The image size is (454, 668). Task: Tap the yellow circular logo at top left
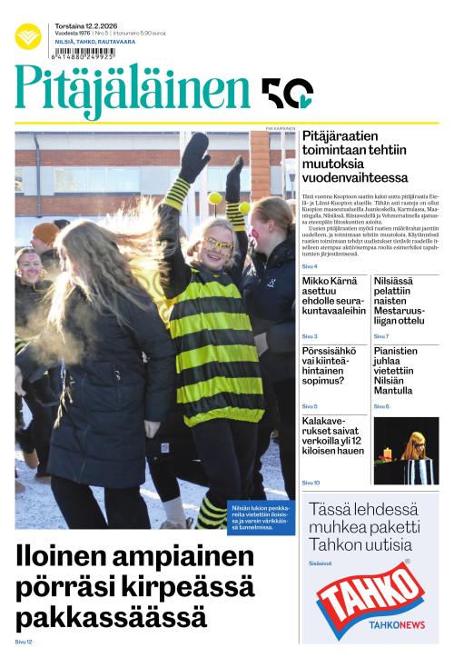point(28,36)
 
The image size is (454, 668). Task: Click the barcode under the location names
point(84,53)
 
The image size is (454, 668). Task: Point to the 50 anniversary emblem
point(287,92)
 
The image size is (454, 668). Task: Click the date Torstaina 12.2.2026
point(85,25)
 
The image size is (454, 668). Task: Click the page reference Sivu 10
point(311,483)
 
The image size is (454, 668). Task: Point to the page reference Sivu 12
point(24,643)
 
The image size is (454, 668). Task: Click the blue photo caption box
point(261,517)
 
